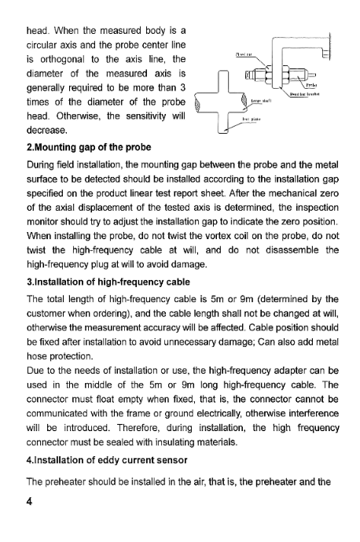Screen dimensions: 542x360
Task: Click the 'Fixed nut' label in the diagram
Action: (244, 55)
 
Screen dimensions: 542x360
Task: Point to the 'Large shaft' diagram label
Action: (261, 101)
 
